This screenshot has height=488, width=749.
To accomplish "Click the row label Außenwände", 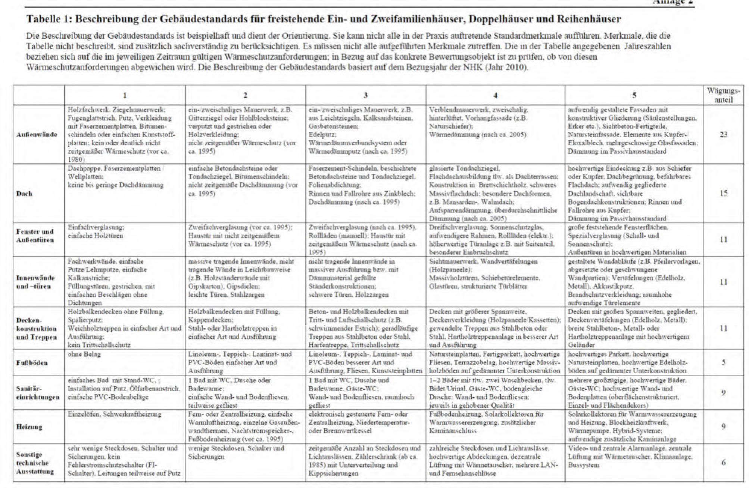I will [x=37, y=135].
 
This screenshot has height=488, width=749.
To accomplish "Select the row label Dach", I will [x=24, y=194].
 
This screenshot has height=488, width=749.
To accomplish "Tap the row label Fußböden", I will [x=32, y=363].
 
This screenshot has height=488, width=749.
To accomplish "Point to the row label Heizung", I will [x=29, y=427].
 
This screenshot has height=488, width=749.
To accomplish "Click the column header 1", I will [x=125, y=96].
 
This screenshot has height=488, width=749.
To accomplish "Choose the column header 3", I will [x=365, y=96].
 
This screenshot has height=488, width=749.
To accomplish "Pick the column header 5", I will [x=634, y=96].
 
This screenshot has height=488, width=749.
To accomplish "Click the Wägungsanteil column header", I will [x=723, y=95].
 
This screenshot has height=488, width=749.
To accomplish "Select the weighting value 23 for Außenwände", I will [x=723, y=135].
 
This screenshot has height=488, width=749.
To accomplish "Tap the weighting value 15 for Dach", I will [x=723, y=194].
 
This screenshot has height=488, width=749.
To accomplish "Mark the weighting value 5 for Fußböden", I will [x=723, y=362].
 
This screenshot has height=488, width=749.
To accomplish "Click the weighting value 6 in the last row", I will [x=723, y=463].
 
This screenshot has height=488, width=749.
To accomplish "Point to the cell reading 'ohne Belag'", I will [x=84, y=354].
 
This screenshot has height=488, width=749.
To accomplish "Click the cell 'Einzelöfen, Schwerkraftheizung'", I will [x=114, y=414].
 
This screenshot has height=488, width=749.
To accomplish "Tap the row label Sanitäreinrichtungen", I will [x=38, y=393].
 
